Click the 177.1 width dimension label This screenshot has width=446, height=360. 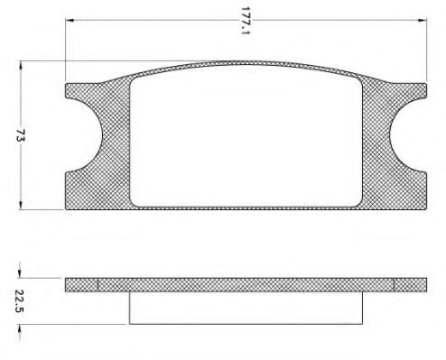pyautogui.click(x=246, y=21)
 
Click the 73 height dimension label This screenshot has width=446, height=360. pyautogui.click(x=21, y=135)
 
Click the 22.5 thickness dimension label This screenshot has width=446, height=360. pyautogui.click(x=19, y=301)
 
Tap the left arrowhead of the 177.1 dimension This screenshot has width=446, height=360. pyautogui.click(x=70, y=20)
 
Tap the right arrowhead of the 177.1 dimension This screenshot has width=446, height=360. pyautogui.click(x=423, y=20)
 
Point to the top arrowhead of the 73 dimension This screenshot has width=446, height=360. pyautogui.click(x=21, y=65)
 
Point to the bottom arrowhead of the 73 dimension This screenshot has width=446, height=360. pyautogui.click(x=21, y=206)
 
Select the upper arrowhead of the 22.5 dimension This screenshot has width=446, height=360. pyautogui.click(x=20, y=273)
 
